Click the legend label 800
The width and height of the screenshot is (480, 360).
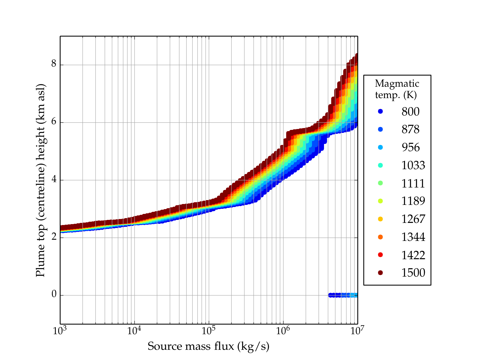[x=410, y=112]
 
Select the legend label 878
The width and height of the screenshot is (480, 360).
[x=410, y=130]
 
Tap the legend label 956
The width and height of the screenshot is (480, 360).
[x=410, y=147]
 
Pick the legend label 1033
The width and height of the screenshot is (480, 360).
[x=413, y=165]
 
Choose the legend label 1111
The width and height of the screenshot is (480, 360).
[x=413, y=183]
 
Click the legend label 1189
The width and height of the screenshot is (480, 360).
[x=413, y=201]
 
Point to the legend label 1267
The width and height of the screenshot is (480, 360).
[x=413, y=219]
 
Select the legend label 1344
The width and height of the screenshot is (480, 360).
[x=413, y=237]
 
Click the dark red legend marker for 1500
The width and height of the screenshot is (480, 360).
[x=380, y=273]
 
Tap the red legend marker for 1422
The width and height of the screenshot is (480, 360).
[x=380, y=255]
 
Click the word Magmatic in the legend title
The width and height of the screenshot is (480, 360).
[x=397, y=83]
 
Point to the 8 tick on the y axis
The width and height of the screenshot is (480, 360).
[x=54, y=64]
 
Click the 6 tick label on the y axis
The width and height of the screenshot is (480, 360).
[x=54, y=122]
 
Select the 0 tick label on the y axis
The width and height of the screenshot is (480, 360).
[x=54, y=295]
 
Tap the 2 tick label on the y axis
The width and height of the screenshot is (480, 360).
[x=54, y=237]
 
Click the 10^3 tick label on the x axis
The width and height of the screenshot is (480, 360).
[x=60, y=331]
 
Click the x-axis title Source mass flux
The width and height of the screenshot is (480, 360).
[x=208, y=346]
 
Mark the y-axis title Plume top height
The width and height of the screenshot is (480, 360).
[x=40, y=180]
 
